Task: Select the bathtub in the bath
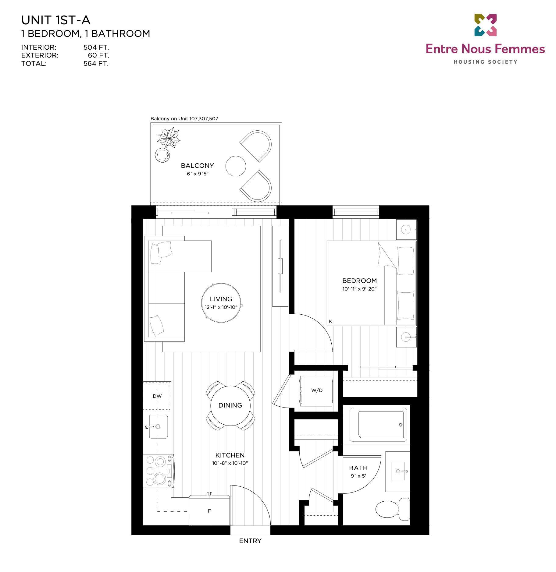(378, 425)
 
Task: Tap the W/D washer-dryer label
(317, 390)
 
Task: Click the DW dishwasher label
(157, 396)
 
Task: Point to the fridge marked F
(209, 510)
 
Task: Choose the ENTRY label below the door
(250, 541)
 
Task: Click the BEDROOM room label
(359, 281)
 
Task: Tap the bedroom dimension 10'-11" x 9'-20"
(359, 289)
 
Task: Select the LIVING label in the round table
(221, 299)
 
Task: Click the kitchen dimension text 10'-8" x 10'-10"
(230, 463)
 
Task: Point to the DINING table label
(230, 405)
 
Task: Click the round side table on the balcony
(236, 166)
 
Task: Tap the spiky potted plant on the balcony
(169, 138)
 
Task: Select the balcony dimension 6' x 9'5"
(198, 174)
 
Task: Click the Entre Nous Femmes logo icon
(486, 25)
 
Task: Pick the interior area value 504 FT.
(96, 47)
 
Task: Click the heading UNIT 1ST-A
(56, 20)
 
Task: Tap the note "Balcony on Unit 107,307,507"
(184, 118)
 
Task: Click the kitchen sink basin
(158, 426)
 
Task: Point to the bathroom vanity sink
(398, 471)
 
